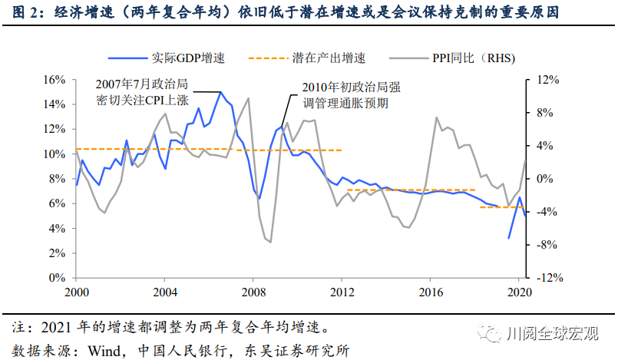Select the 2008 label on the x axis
[x=253, y=292]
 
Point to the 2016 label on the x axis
[x=431, y=292]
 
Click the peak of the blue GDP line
[x=221, y=92]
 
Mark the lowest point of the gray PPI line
[x=269, y=243]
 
